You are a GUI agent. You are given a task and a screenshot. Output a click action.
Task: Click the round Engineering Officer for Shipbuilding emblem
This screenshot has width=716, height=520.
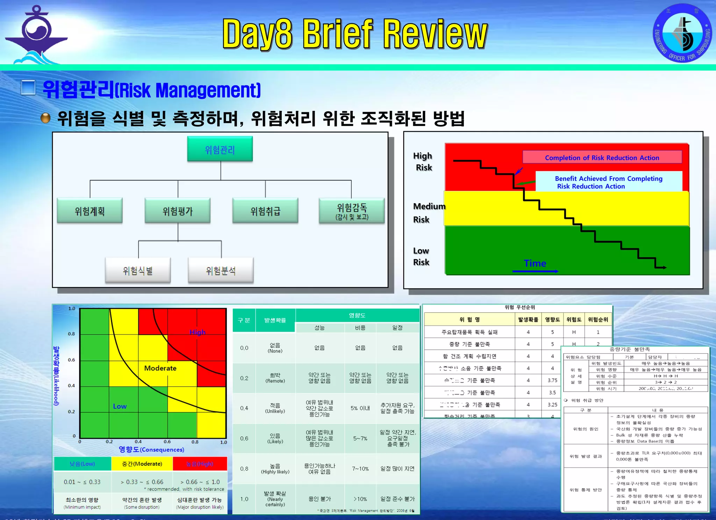point(682,33)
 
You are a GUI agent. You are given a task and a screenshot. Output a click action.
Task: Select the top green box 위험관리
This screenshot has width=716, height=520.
point(220,149)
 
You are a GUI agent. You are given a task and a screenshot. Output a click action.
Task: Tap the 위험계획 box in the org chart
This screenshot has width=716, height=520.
point(90,211)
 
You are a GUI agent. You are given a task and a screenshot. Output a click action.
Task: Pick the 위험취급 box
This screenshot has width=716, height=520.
point(265,211)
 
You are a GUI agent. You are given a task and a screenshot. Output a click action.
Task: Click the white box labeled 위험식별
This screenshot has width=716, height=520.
point(138,270)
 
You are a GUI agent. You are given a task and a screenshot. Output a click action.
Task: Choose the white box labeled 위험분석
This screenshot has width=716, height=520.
point(221,270)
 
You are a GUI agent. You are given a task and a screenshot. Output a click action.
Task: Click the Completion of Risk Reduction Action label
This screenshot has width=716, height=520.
point(602,157)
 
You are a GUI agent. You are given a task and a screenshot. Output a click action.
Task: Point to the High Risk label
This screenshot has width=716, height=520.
point(423,161)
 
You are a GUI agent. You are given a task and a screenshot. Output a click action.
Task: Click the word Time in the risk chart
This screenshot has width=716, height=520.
point(535,263)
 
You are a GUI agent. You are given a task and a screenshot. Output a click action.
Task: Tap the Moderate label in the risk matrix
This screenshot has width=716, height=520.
point(160,368)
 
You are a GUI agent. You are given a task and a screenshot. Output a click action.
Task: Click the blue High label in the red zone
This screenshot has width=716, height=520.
point(198,332)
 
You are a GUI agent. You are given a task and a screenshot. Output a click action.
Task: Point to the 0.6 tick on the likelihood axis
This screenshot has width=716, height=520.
point(71,360)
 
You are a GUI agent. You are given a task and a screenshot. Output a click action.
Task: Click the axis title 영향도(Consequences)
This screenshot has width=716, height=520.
point(151,449)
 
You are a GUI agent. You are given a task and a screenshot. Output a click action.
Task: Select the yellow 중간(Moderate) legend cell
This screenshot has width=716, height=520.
point(142,464)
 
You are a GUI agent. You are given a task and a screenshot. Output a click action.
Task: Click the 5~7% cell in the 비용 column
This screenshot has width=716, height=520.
point(360,438)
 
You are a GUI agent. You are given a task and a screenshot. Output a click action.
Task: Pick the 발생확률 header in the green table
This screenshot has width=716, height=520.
point(275,320)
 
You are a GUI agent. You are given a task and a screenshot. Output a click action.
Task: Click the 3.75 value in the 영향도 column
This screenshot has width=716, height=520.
point(552,380)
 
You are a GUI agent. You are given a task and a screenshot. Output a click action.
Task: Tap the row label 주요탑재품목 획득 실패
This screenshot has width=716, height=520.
point(469,332)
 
